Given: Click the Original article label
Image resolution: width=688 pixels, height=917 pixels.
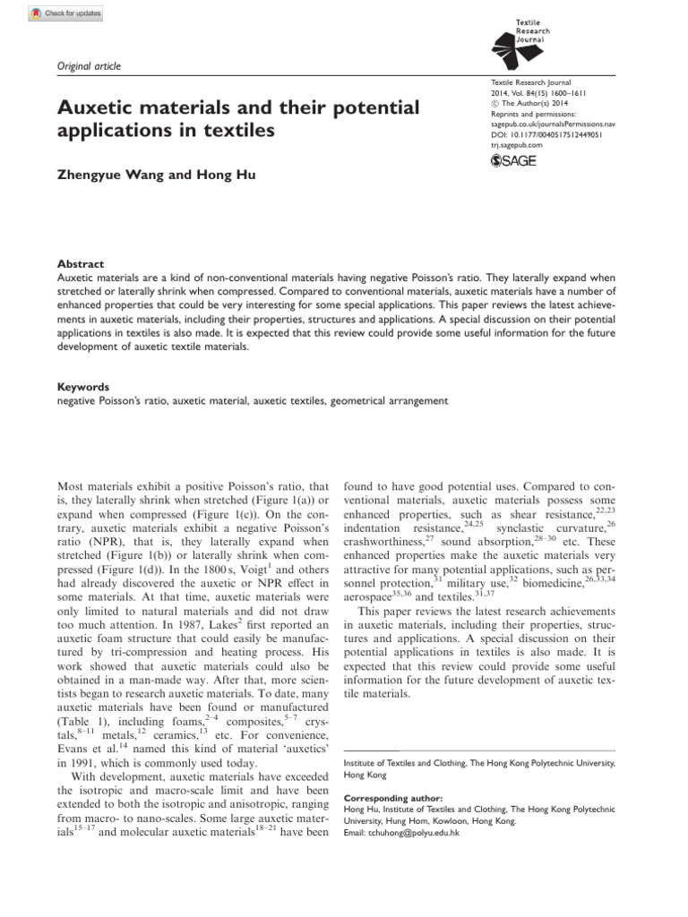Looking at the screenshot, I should coord(89,66).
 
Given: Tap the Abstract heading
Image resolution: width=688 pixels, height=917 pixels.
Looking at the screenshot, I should coord(81,264).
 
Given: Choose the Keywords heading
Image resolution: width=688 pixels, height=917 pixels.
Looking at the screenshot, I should coord(83,388).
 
